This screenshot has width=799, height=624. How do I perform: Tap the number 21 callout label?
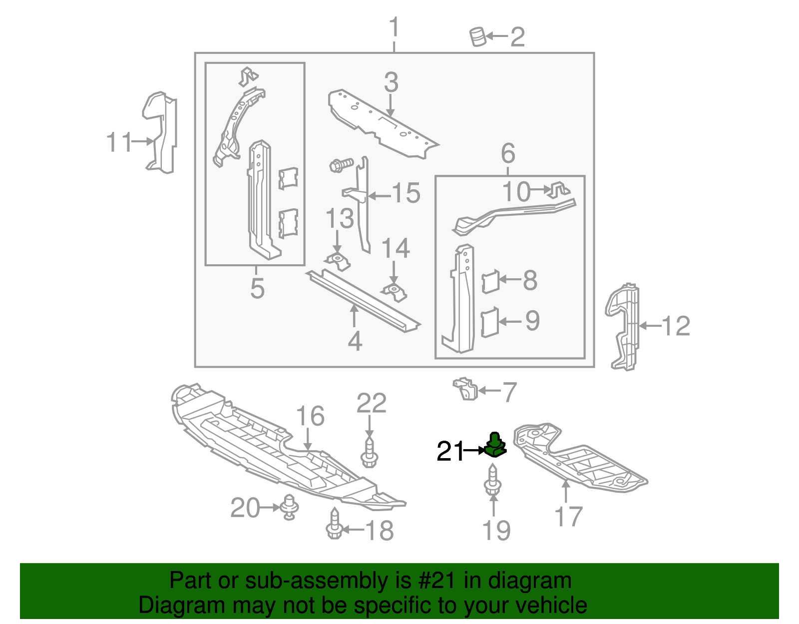[x=450, y=451]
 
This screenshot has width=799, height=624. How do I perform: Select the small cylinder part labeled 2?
[x=478, y=37]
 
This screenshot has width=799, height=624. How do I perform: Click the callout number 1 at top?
[x=394, y=27]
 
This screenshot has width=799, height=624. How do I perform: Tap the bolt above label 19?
[x=492, y=480]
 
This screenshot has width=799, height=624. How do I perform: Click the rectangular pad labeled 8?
[x=490, y=281]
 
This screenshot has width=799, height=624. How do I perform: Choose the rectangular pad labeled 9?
[x=489, y=322]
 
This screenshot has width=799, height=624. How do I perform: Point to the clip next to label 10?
[x=559, y=190]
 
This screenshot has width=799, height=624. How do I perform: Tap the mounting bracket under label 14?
[x=395, y=292]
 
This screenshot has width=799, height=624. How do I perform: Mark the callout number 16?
[x=310, y=416]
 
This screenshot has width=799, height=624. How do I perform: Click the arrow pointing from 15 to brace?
[x=380, y=196]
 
